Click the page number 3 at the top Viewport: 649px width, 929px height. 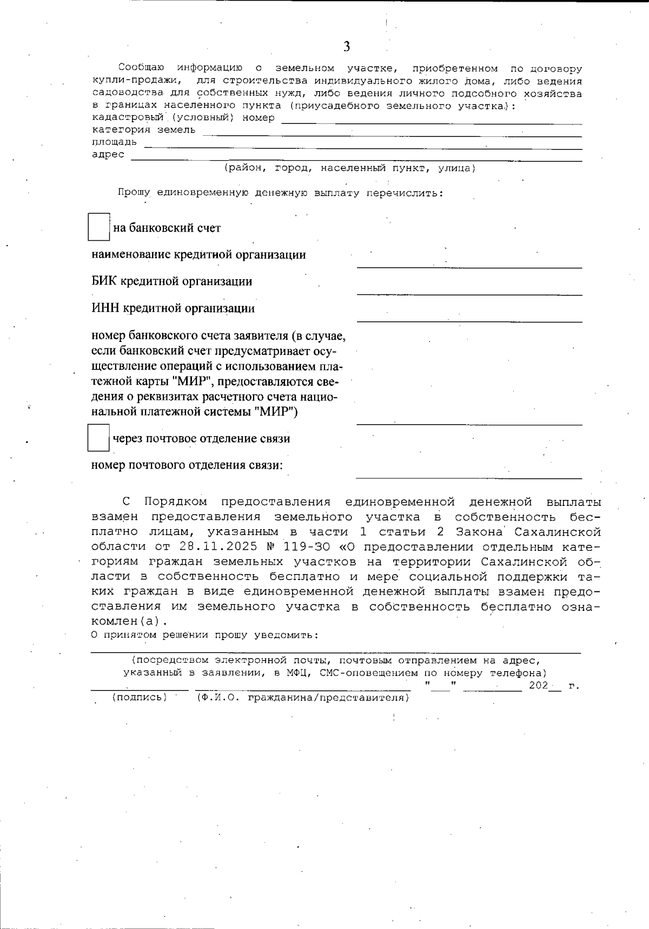pyautogui.click(x=346, y=47)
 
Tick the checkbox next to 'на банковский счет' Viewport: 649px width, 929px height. pyautogui.click(x=99, y=227)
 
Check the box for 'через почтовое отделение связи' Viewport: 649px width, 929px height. pyautogui.click(x=98, y=438)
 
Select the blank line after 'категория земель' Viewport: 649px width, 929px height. pyautogui.click(x=392, y=134)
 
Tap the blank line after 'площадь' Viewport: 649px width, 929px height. pyautogui.click(x=362, y=146)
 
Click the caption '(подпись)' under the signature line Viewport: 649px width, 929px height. pyautogui.click(x=140, y=698)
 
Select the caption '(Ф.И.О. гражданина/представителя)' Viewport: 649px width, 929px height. pyautogui.click(x=302, y=698)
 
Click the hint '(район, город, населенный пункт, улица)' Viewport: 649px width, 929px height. pyautogui.click(x=350, y=168)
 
